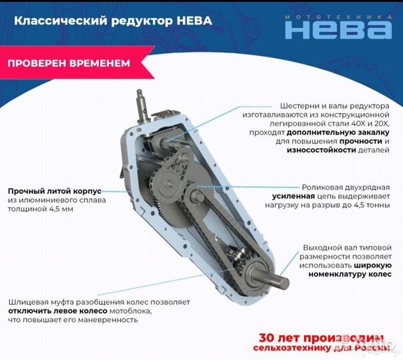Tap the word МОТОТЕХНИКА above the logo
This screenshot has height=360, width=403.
338,15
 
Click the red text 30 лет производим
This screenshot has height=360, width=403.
321,337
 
